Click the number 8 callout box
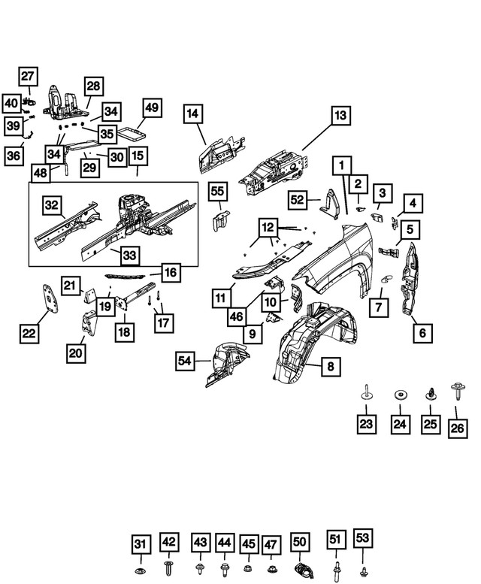329,367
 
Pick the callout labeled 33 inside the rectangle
130,256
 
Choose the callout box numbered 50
299,542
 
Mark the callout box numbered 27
28,76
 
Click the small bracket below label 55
218,220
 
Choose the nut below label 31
140,568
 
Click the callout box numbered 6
421,331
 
